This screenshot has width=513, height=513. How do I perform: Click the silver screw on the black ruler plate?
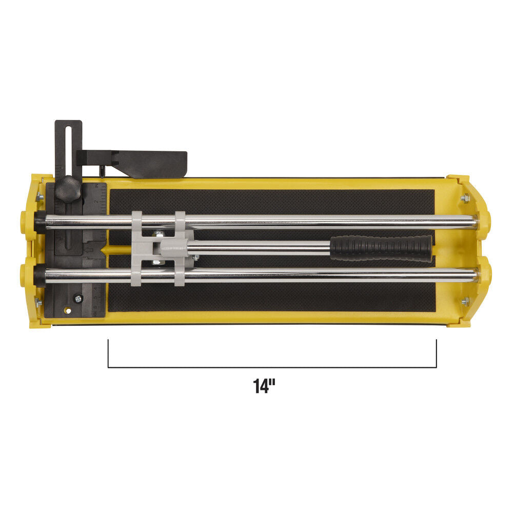click(x=77, y=297)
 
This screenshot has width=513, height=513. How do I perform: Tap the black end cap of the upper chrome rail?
click(x=39, y=222)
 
